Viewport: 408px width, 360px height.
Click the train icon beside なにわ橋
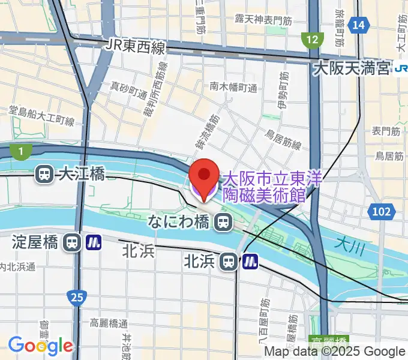223,223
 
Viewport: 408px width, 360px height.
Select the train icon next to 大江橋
44,174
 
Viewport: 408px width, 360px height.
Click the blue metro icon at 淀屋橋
94,242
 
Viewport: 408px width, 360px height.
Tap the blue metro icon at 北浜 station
250,261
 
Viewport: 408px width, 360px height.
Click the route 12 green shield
311,40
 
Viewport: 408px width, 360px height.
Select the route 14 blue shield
359,25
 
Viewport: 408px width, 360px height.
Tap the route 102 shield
380,211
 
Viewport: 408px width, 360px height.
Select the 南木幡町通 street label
233,88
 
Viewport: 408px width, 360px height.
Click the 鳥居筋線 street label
283,143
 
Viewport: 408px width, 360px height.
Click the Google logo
40,346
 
